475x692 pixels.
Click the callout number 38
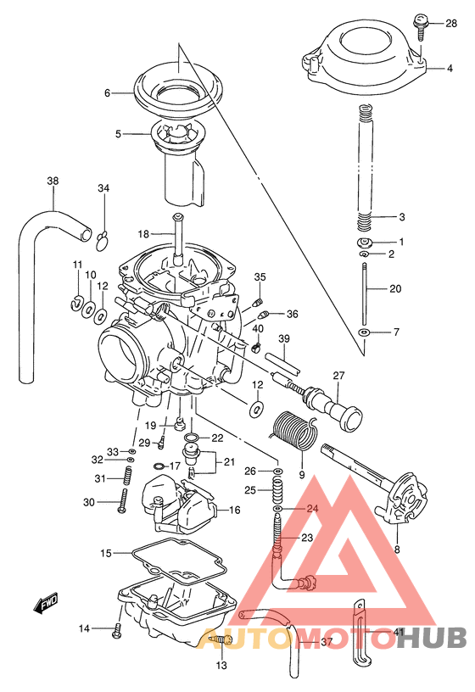coord(53,181)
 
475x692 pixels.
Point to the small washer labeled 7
coord(363,332)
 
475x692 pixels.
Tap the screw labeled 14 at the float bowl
coord(117,628)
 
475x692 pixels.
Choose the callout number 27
coord(338,376)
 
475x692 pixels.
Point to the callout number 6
coord(108,92)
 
